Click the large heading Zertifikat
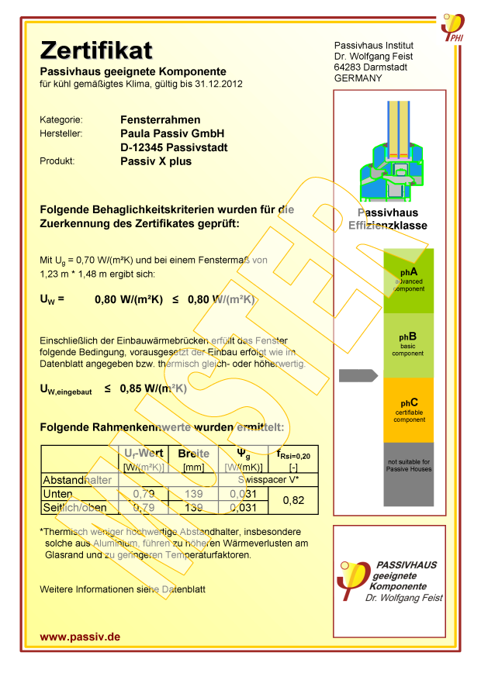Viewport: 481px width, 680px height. pos(96,51)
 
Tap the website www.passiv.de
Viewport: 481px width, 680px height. pos(80,637)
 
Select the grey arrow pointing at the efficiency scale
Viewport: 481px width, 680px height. pos(358,376)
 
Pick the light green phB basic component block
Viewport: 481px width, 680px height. pos(409,345)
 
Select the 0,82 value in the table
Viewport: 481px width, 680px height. pos(292,501)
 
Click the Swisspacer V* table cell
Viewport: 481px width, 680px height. pos(268,480)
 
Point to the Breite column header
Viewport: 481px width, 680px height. pos(194,454)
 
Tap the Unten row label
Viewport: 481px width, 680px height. pos(59,494)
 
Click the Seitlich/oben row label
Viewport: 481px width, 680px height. pos(74,508)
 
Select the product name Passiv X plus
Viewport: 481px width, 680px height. pos(156,161)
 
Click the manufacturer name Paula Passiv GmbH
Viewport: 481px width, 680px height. pos(172,133)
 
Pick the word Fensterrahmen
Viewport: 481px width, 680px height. pos(161,119)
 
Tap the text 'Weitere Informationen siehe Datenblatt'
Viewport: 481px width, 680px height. pos(123,589)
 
